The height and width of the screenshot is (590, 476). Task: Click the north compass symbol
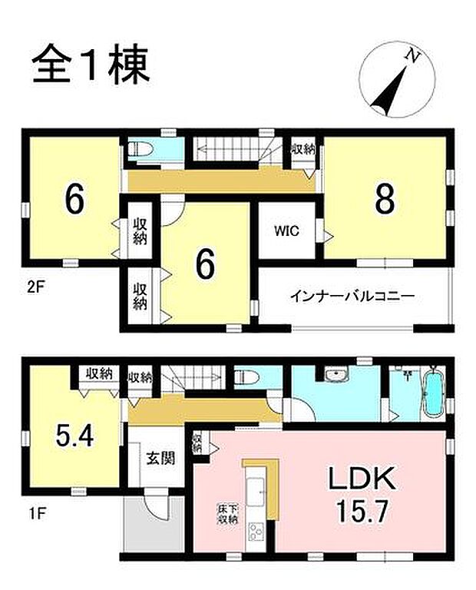[x=398, y=78]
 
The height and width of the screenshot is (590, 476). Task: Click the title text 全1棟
[x=91, y=65]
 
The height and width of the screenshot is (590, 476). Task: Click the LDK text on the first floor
[x=362, y=480]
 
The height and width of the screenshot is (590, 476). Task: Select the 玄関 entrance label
[x=160, y=459]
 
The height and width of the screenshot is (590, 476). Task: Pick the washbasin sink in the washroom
[x=335, y=376]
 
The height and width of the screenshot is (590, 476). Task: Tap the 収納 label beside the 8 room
[x=302, y=149]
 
